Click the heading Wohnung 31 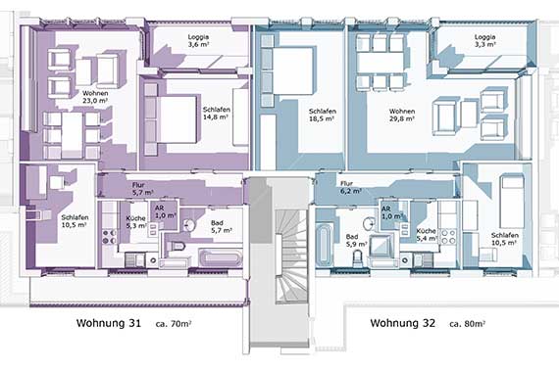109,323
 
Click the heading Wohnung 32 402,323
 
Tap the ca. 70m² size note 174,324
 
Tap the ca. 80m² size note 468,324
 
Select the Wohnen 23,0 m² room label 95,97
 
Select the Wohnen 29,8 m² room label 402,115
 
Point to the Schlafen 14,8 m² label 216,113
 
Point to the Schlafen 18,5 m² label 323,115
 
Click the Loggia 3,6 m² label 198,40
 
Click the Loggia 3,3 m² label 484,40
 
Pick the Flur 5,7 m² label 142,189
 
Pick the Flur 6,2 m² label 351,187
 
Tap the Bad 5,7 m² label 222,226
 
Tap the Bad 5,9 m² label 357,240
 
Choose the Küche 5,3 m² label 136,222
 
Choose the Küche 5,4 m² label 427,235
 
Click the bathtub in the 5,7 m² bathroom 221,258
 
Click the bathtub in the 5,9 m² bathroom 324,244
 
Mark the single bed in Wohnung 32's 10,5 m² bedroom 512,201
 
